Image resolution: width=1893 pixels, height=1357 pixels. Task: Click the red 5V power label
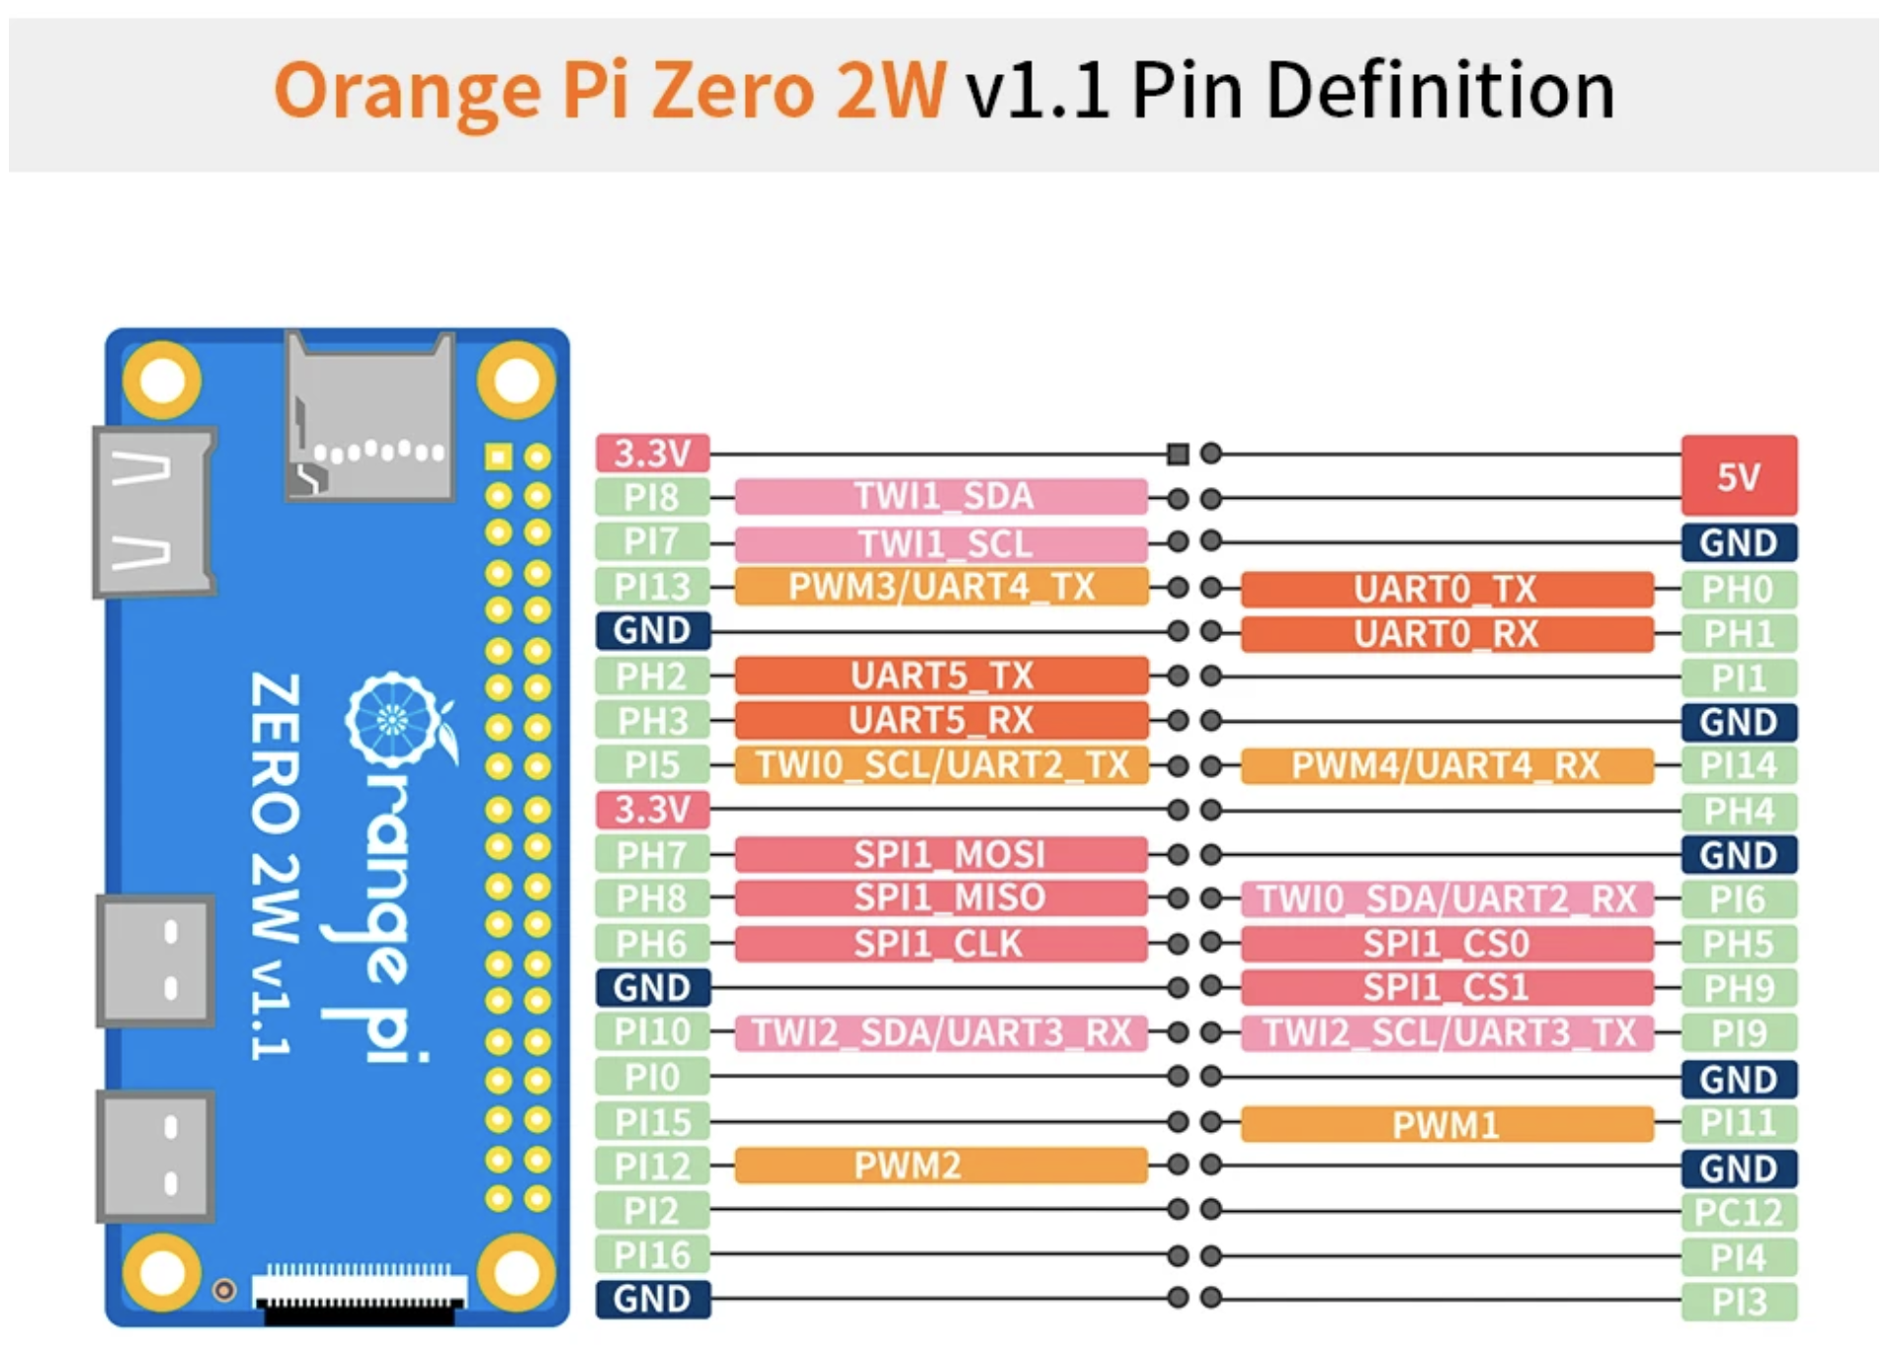[x=1738, y=476]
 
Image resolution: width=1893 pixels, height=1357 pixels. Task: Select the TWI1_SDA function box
[x=941, y=496]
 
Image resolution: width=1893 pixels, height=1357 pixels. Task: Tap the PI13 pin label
[x=652, y=587]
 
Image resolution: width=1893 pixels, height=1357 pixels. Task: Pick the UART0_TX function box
[x=1445, y=590]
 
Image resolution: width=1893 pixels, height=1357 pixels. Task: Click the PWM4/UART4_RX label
[x=1445, y=765]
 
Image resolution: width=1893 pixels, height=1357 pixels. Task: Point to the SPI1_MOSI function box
[x=941, y=854]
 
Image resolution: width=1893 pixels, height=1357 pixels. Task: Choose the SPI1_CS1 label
[x=1445, y=988]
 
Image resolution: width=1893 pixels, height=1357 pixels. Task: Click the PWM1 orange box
[x=1445, y=1124]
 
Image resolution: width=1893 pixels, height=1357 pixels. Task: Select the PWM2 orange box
[x=941, y=1165]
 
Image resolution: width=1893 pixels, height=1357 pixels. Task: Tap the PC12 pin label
[x=1738, y=1213]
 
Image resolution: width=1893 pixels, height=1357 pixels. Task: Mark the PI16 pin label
[x=652, y=1255]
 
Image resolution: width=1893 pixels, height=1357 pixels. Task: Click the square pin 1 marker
[x=1177, y=454]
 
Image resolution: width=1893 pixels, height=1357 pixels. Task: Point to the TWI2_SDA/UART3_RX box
[x=941, y=1033]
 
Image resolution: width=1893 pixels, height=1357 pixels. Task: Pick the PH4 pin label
[x=1738, y=812]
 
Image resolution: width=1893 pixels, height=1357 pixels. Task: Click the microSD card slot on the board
[x=370, y=415]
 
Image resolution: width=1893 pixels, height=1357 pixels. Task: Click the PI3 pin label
[x=1738, y=1302]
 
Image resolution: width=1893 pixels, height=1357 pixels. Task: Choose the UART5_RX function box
[x=941, y=721]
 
